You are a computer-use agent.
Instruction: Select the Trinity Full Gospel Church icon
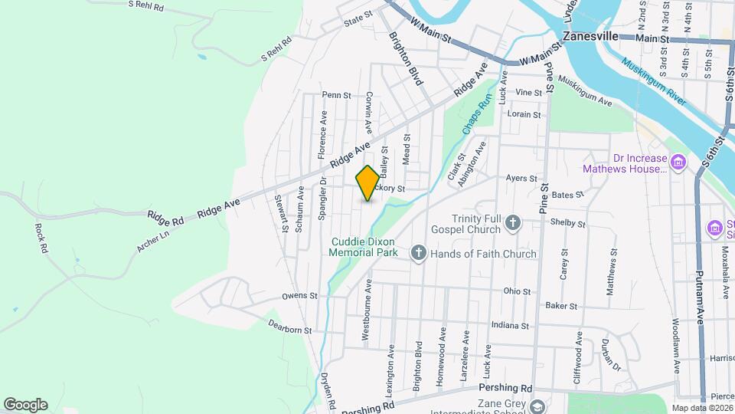513,224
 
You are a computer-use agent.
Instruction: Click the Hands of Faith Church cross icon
418,253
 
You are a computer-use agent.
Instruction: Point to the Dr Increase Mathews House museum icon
678,162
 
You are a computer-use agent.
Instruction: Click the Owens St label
299,296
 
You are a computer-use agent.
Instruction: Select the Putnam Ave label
700,291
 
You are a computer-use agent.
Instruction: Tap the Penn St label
336,96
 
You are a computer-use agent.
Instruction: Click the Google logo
24,405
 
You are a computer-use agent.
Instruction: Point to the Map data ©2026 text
702,407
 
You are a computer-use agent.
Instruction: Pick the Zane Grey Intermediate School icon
537,406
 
